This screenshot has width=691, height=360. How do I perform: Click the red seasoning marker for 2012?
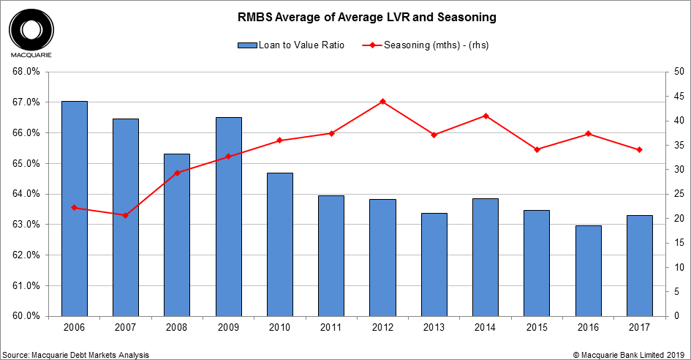click(382, 102)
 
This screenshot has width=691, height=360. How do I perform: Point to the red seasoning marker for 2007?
click(125, 215)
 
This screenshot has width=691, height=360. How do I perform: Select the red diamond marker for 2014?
click(486, 116)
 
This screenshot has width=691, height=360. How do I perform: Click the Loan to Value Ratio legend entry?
click(293, 45)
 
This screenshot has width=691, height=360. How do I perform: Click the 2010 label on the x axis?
click(279, 326)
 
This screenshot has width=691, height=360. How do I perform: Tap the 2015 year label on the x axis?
click(537, 326)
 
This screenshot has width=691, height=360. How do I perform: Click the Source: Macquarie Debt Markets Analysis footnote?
click(76, 354)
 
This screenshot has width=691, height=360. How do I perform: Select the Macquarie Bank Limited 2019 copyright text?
click(630, 354)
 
